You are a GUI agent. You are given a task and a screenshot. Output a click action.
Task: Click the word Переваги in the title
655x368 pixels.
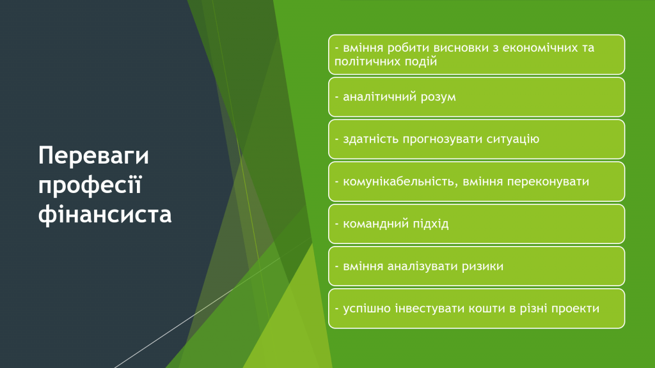[x=93, y=156]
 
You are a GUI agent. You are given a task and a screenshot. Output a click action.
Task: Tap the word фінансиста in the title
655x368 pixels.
[x=105, y=215]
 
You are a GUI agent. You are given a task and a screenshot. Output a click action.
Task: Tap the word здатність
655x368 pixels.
[x=370, y=139]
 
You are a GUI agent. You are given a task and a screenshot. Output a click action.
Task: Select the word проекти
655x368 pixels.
[x=576, y=309]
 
